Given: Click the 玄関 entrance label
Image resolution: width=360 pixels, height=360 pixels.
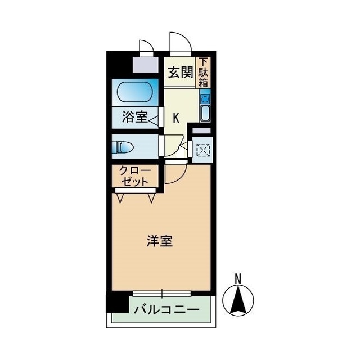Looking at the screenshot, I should pos(180,73).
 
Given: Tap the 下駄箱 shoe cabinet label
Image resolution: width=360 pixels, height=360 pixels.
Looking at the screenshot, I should pos(203,73).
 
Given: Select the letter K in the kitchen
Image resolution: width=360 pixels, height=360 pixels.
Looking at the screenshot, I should pos(176,118).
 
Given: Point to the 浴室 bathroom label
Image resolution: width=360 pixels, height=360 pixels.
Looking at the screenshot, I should pos(134,118).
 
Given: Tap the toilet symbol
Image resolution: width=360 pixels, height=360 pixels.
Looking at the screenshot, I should pos(123,147).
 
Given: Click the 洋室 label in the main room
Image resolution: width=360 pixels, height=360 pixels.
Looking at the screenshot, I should pos(160,241).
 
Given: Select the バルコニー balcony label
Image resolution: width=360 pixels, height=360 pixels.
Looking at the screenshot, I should pos(166,310).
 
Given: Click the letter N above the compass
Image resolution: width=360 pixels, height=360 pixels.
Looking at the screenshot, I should pos(238,278).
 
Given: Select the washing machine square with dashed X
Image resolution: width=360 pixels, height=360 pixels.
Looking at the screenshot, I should pos(202,150).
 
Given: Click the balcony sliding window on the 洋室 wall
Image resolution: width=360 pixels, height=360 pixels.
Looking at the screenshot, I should pos(162,293).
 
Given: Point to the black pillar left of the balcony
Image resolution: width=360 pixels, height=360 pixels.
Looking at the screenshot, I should pos(117,304).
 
